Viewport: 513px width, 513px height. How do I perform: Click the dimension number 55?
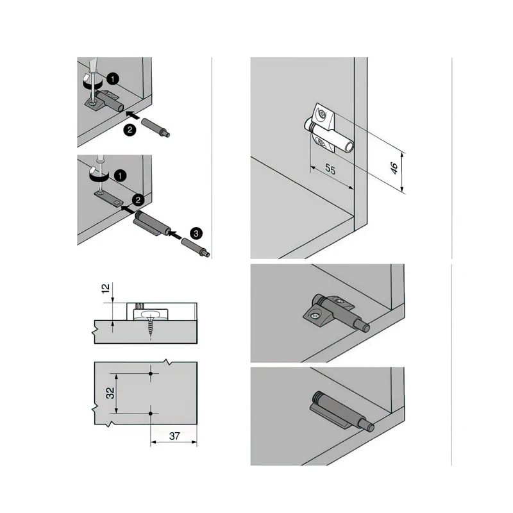[x=330, y=169]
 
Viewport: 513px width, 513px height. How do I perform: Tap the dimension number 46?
[x=394, y=168]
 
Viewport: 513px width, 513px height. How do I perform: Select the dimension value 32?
[x=111, y=393]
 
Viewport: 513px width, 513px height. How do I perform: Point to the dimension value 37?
[x=174, y=436]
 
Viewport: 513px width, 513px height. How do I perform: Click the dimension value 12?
[x=106, y=289]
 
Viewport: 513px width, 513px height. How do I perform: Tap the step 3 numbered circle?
[x=196, y=233]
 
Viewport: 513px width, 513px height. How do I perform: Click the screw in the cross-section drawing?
[x=150, y=324]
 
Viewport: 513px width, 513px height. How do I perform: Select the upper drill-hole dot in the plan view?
[x=151, y=374]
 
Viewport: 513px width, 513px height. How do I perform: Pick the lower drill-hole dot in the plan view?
[x=151, y=414]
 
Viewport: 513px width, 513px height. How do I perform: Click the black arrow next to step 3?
[x=176, y=235]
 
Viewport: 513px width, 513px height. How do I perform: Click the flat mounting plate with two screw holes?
[x=108, y=200]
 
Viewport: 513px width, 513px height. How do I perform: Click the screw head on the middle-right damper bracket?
[x=314, y=315]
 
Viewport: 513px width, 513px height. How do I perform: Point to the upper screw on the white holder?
[x=322, y=115]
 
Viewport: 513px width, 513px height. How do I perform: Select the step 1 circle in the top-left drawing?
[x=113, y=79]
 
